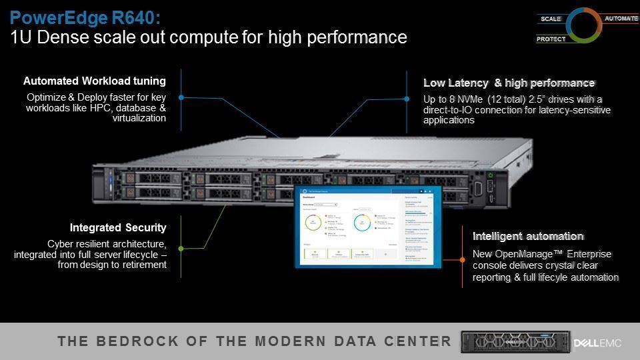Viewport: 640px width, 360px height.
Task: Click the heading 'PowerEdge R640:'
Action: coord(85,16)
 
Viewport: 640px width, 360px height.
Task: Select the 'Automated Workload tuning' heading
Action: coord(95,81)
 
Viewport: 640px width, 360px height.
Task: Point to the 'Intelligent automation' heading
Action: coord(528,236)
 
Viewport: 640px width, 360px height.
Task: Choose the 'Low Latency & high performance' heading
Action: coord(509,83)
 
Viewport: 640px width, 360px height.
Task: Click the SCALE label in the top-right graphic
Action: coord(551,19)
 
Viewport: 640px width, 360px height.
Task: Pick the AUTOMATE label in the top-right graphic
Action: coord(621,19)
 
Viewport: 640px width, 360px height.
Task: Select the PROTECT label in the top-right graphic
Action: coord(551,39)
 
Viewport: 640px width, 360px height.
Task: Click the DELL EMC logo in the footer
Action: coord(597,343)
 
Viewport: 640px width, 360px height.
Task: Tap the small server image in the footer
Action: coord(513,342)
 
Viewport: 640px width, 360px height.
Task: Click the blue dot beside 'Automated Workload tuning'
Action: coord(181,97)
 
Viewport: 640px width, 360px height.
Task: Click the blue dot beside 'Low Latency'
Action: coord(407,99)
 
